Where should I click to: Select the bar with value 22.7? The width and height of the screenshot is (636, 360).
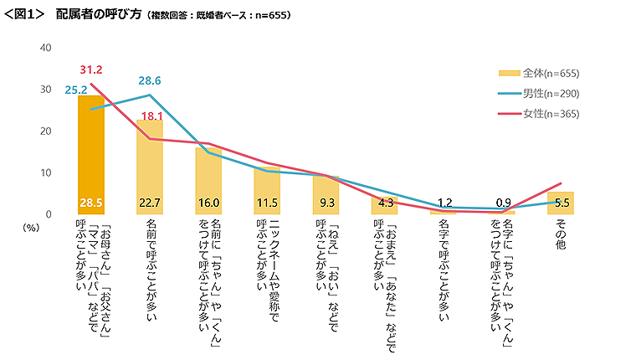pos(150,167)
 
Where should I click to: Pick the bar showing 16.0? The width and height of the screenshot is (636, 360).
pos(208,180)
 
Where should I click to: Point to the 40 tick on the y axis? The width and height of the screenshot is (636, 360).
pos(46,48)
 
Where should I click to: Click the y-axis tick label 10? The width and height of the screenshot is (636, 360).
pos(46,173)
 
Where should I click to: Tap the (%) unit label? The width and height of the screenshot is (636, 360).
pos(32,227)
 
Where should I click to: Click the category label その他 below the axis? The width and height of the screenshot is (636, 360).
pos(561,236)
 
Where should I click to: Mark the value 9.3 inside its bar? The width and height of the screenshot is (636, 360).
pos(326,203)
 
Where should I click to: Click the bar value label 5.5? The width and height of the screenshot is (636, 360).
pos(561,203)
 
